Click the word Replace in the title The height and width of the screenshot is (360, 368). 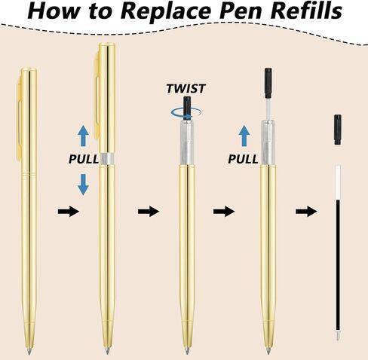(167, 11)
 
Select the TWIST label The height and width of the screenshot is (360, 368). (186, 89)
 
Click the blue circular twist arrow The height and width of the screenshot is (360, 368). (186, 113)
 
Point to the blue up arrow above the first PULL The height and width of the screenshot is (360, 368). (83, 136)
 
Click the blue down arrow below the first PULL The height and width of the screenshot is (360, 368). (83, 185)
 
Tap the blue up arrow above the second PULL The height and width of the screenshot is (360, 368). (244, 136)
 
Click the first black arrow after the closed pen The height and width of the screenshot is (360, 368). (69, 212)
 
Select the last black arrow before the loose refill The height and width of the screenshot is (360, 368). (306, 212)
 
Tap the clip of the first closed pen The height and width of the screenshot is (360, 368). (19, 121)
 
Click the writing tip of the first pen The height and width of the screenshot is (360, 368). (29, 351)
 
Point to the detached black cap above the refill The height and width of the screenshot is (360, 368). (338, 130)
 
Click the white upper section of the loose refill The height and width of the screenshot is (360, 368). (338, 183)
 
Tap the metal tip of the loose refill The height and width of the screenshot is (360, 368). (338, 336)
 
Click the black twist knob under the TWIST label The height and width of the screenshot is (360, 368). (186, 108)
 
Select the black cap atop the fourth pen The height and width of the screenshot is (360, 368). (268, 83)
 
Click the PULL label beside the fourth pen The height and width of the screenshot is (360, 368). (243, 159)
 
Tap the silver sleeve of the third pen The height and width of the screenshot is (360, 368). (187, 142)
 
